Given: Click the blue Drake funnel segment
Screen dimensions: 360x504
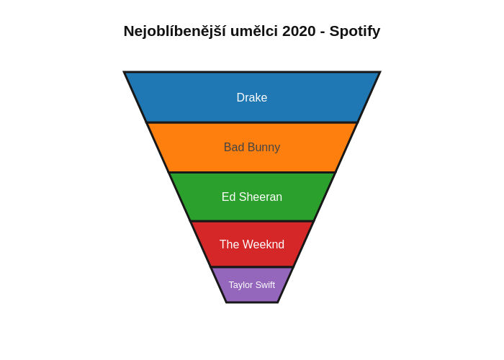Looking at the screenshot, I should click(187, 97).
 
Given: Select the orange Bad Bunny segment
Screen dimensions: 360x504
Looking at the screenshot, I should click(187, 148).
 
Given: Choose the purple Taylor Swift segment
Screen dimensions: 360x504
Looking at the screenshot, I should click(252, 294).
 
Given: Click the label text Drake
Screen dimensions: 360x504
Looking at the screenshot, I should click(252, 97).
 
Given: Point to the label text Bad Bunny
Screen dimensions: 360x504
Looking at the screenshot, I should click(252, 148).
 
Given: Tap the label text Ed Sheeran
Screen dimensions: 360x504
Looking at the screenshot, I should click(252, 197).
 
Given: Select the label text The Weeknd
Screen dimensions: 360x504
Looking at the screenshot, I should click(252, 245).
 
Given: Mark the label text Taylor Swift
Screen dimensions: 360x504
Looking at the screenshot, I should click(252, 285).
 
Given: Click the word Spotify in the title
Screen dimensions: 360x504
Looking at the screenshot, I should click(355, 31).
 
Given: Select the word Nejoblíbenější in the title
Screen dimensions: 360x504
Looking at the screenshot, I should click(174, 31).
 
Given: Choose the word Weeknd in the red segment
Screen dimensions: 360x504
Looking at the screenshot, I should click(264, 245).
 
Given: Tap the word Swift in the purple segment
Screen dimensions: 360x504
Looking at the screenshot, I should click(264, 285).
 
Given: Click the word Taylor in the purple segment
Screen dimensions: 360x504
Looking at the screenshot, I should click(240, 285).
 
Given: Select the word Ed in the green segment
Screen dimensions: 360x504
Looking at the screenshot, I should click(228, 197).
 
